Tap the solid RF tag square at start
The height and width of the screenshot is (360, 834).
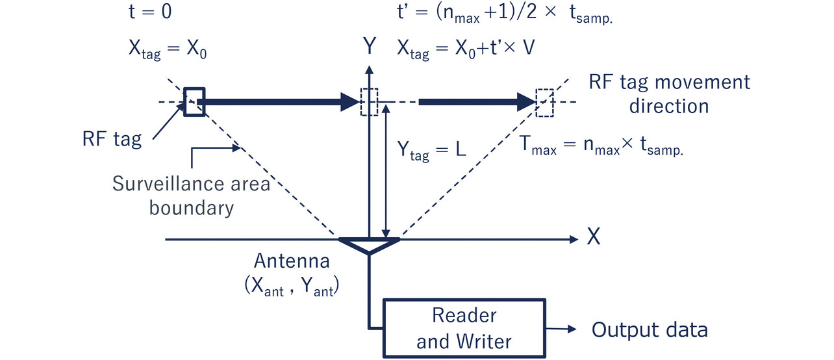[x=194, y=102]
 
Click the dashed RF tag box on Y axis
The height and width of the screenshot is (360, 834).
[x=369, y=102]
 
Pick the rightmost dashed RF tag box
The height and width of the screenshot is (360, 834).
[x=545, y=102]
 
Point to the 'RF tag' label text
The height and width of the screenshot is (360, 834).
[x=112, y=139]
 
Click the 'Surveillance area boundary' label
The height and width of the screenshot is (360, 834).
[x=190, y=196]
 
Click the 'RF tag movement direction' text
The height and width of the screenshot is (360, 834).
[x=668, y=94]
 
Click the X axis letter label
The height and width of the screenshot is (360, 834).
[x=593, y=238]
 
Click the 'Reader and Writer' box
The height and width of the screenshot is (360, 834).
[x=464, y=328]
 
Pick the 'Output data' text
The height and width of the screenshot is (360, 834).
[x=649, y=329]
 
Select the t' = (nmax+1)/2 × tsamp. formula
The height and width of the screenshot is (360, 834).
[x=505, y=14]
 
